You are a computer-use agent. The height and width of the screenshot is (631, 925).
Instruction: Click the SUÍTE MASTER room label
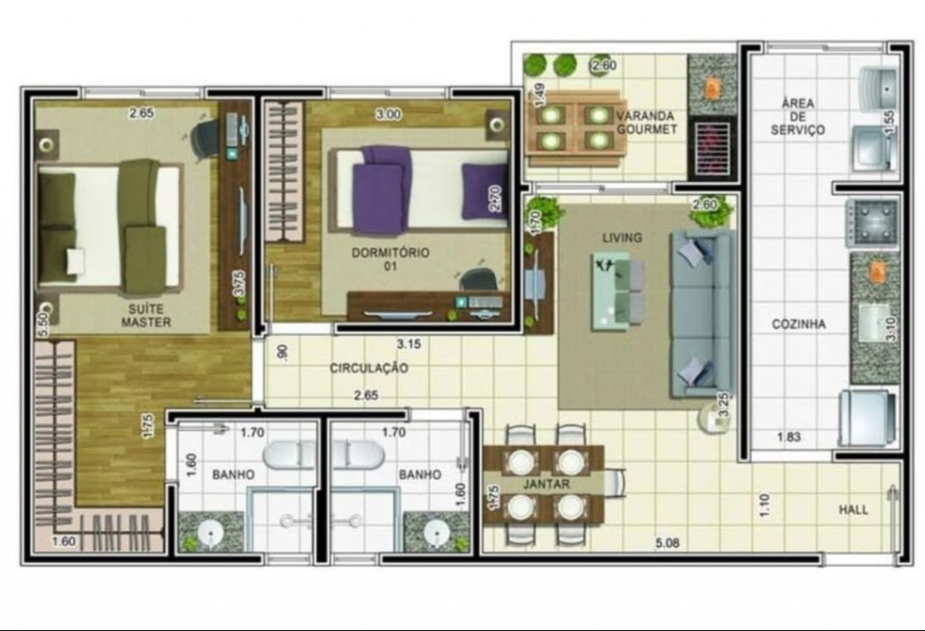coord(145,316)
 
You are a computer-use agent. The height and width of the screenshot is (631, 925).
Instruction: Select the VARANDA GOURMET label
coord(646,122)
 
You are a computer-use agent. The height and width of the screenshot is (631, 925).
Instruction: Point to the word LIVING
coord(621,237)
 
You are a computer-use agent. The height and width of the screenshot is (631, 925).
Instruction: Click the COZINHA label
coord(799,324)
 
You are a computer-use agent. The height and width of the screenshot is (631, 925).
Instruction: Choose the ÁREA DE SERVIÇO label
coord(798,116)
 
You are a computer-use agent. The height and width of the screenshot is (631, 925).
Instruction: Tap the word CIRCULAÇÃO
coord(369,368)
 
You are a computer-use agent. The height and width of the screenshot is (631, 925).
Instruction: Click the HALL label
coord(854,509)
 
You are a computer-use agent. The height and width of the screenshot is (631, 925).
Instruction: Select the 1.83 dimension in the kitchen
coord(789,437)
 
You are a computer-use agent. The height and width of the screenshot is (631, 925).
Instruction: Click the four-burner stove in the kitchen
coord(872,223)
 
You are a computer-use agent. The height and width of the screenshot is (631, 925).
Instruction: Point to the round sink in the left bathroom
coord(210,534)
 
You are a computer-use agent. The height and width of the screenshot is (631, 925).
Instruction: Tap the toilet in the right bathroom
coord(358,455)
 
